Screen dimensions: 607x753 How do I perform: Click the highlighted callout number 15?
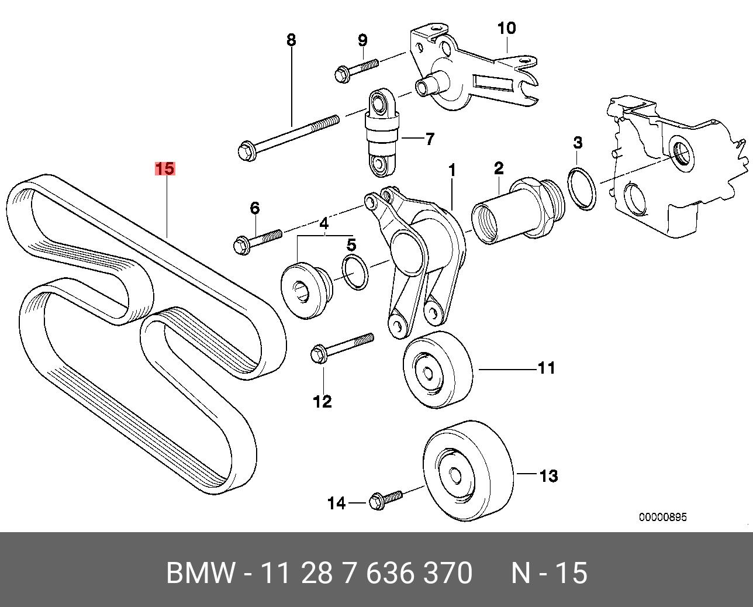click(164, 169)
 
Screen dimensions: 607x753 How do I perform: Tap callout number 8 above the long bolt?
click(291, 40)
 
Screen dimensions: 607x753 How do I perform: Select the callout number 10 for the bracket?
click(507, 28)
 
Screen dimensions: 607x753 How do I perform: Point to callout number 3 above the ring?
click(578, 142)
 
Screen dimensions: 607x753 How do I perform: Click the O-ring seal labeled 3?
click(582, 188)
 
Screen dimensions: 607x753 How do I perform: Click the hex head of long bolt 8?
click(246, 151)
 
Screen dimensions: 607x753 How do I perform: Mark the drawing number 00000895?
click(662, 517)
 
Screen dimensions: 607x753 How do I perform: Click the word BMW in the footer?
click(201, 573)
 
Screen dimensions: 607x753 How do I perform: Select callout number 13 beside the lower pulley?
click(548, 476)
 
